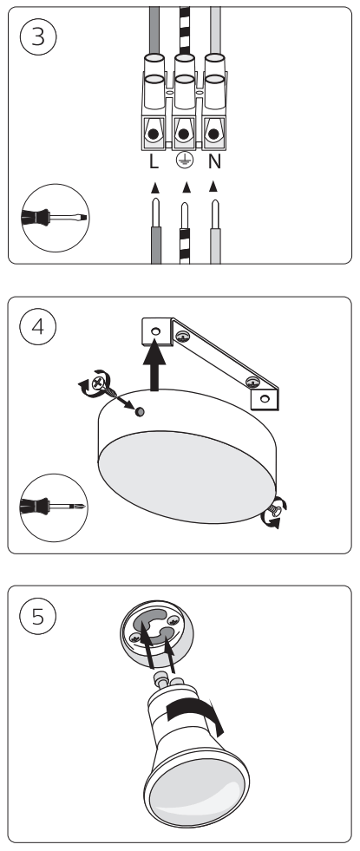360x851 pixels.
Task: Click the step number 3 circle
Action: point(38,37)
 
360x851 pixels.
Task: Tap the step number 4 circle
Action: point(38,327)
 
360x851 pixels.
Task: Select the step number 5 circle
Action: point(38,616)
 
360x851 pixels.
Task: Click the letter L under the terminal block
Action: point(154,161)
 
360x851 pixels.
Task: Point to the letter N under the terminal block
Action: point(214,161)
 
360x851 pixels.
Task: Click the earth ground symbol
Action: point(184,160)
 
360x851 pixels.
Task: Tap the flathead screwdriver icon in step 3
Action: point(55,218)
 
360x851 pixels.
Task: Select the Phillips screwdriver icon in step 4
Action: point(53,507)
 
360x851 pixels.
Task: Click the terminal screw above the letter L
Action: point(154,134)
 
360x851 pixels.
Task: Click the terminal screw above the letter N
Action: point(214,134)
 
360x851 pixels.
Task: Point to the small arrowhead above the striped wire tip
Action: point(187,187)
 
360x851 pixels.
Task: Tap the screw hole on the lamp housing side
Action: point(140,412)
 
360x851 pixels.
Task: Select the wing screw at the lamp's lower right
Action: point(275,511)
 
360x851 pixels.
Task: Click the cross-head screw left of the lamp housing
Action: point(99,383)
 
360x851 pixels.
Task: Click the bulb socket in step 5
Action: point(156,630)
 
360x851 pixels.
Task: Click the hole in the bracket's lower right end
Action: point(265,398)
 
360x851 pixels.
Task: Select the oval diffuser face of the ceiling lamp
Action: point(187,477)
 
